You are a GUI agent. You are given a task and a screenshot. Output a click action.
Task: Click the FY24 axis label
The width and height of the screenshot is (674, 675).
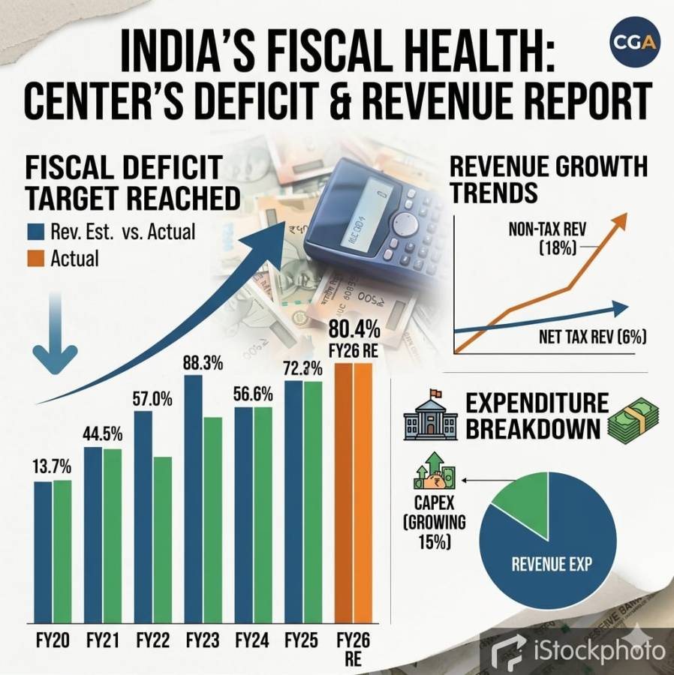pyautogui.click(x=252, y=641)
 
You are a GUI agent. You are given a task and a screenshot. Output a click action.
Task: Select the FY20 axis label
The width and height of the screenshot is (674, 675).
pyautogui.click(x=52, y=641)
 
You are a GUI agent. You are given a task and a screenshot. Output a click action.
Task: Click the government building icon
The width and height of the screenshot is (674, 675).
pyautogui.click(x=430, y=417)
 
